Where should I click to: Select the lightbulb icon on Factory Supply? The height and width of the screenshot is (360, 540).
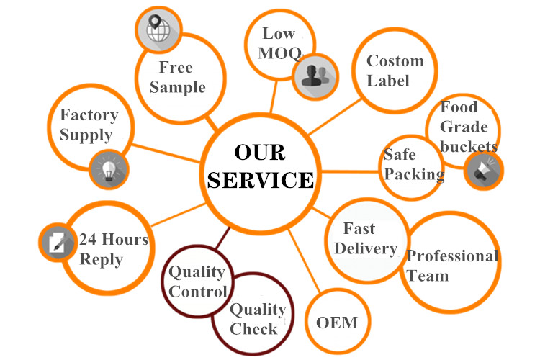click(x=109, y=170)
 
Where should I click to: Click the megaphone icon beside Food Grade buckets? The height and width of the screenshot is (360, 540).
click(x=483, y=171)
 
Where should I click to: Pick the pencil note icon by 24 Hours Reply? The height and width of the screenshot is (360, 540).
click(x=57, y=242)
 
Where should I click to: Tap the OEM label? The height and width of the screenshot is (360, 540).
click(x=336, y=322)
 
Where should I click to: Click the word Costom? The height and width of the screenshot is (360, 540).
click(x=395, y=61)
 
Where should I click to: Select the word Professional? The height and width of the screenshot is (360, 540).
click(x=452, y=256)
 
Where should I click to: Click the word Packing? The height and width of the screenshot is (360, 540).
click(x=413, y=174)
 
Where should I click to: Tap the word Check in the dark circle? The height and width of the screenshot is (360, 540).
click(x=254, y=329)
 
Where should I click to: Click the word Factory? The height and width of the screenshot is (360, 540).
click(x=89, y=115)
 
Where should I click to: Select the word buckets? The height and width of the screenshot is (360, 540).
click(x=469, y=146)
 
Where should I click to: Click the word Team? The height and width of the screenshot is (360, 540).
click(x=428, y=275)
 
